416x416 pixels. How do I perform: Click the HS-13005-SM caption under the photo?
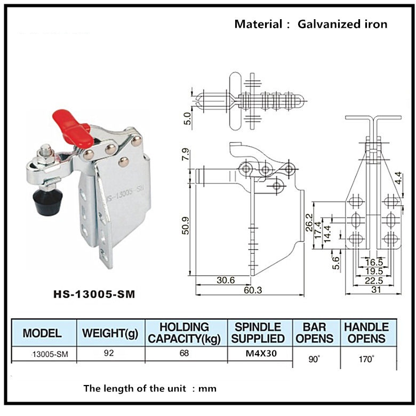click(86, 293)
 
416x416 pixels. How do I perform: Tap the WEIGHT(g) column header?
click(110, 333)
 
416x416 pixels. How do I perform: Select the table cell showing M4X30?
click(260, 353)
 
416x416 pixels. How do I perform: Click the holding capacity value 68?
click(185, 353)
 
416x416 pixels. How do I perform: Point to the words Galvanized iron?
click(342, 24)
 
